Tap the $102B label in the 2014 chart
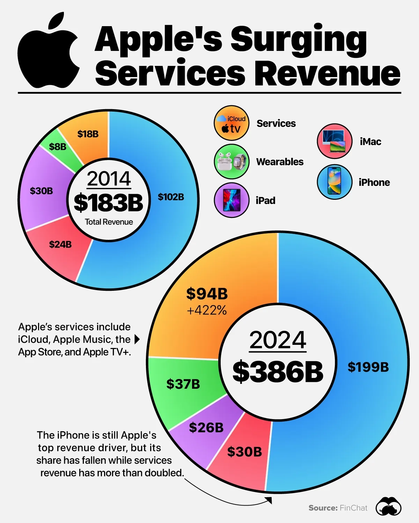(171, 197)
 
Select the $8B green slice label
(58, 147)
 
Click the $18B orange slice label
(88, 134)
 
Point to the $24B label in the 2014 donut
(60, 244)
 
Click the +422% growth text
(207, 310)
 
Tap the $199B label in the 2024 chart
(368, 367)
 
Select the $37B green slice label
(183, 384)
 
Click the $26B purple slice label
(206, 428)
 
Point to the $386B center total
(278, 372)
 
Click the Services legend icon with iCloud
(231, 123)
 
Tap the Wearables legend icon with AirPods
(231, 162)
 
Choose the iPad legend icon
(231, 200)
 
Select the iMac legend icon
(335, 141)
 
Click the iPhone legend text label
(374, 183)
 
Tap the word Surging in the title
(299, 40)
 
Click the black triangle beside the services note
(137, 339)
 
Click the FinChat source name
(353, 508)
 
